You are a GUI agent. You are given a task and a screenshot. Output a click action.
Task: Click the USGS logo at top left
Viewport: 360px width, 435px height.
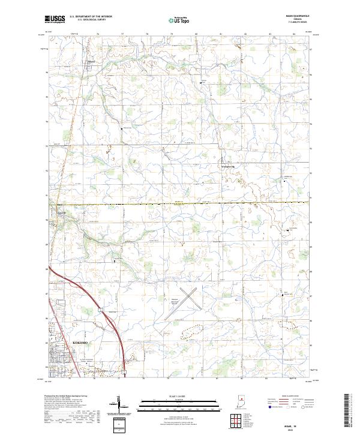pyautogui.click(x=55, y=19)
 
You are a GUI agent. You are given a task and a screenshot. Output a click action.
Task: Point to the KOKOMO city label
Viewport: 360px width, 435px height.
pyautogui.click(x=80, y=343)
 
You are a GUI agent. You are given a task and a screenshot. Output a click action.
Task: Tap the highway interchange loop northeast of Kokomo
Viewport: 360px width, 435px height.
pyautogui.click(x=100, y=310)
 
